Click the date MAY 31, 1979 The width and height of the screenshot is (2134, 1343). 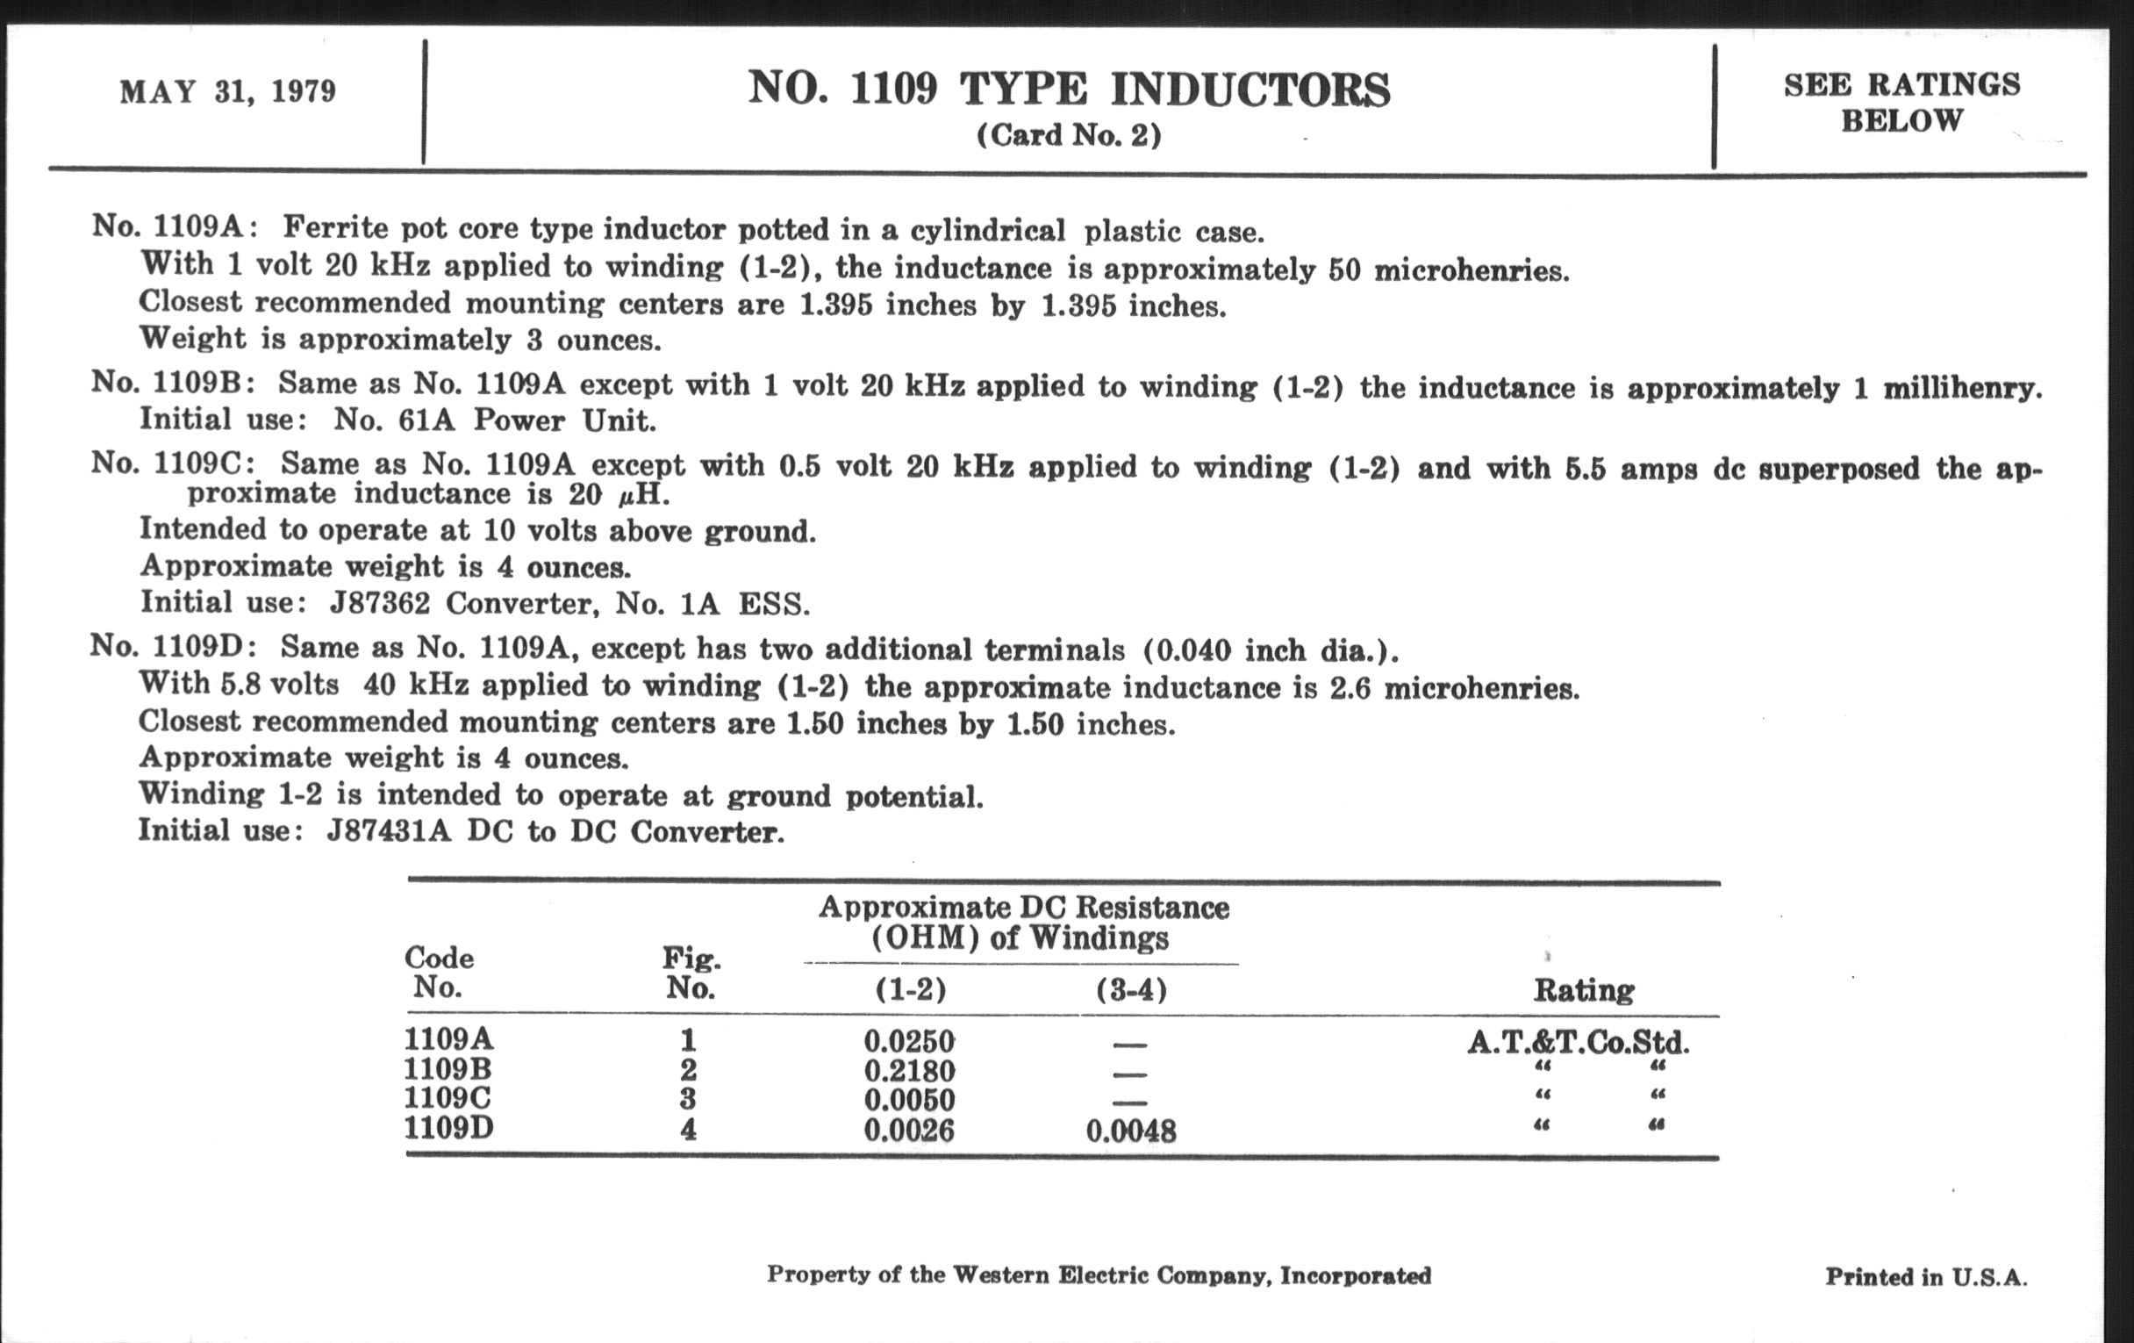click(228, 91)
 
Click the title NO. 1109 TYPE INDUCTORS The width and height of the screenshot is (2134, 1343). click(1069, 89)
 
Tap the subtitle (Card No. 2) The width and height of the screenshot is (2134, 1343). click(1069, 136)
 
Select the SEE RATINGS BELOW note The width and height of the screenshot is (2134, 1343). click(1901, 102)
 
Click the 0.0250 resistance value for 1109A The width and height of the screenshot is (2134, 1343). click(909, 1041)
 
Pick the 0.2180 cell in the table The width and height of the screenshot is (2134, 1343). click(909, 1071)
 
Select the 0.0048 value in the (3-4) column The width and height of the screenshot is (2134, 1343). click(1131, 1131)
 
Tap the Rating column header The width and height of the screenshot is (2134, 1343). click(1584, 990)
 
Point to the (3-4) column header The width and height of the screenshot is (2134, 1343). click(1131, 989)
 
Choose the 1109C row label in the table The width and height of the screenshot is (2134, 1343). click(447, 1098)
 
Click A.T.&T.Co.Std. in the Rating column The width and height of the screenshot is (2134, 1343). click(1579, 1043)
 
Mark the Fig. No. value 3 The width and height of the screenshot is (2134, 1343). click(688, 1099)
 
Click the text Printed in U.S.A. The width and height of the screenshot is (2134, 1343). click(1926, 1277)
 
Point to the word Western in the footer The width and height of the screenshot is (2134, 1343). click(1000, 1275)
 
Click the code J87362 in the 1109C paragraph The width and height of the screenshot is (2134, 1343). click(379, 604)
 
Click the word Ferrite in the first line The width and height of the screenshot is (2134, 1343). click(335, 228)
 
